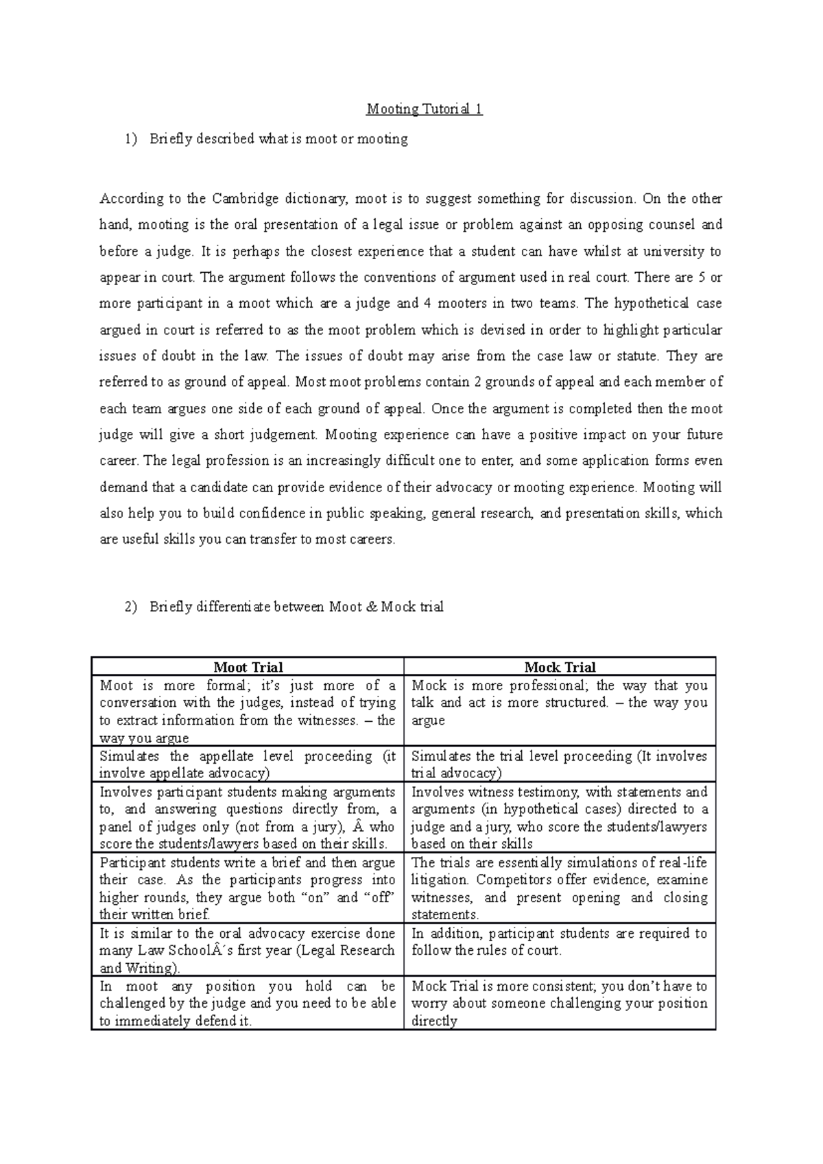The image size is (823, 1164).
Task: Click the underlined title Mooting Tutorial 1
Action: pyautogui.click(x=425, y=109)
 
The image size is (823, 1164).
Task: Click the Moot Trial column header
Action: pyautogui.click(x=248, y=667)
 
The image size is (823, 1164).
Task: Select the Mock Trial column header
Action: pyautogui.click(x=560, y=667)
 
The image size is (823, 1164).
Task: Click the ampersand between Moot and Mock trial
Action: pyautogui.click(x=370, y=607)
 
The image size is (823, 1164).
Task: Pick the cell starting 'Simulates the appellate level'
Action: pyautogui.click(x=248, y=764)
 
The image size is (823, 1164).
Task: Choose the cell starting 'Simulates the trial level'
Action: pyautogui.click(x=560, y=764)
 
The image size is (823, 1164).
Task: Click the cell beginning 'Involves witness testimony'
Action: pyautogui.click(x=560, y=817)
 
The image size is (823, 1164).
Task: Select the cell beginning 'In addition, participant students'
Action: pyautogui.click(x=560, y=942)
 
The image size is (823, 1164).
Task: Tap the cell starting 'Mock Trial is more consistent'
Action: pyautogui.click(x=560, y=1003)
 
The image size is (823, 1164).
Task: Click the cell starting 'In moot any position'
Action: pyautogui.click(x=248, y=1003)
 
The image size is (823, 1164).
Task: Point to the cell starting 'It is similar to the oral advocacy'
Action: pyautogui.click(x=248, y=950)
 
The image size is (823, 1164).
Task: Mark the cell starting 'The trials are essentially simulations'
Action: pyautogui.click(x=560, y=888)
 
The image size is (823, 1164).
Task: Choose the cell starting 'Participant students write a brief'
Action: pyautogui.click(x=248, y=888)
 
